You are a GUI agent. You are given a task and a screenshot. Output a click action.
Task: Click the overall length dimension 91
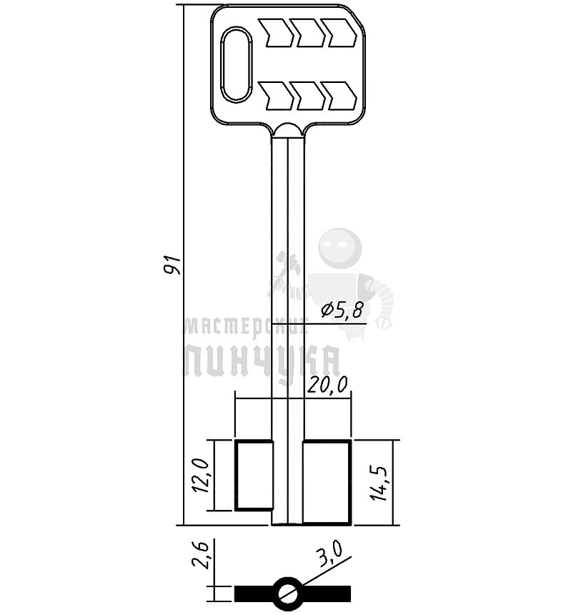172,265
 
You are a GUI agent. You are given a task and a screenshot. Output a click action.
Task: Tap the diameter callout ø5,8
342,310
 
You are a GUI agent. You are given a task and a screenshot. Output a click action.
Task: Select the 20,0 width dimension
327,385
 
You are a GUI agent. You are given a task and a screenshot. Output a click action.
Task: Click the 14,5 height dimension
379,483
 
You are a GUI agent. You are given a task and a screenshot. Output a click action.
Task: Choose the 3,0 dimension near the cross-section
330,553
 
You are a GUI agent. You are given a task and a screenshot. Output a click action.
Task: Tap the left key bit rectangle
254,476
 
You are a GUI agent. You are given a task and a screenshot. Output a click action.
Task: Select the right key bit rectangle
327,483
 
